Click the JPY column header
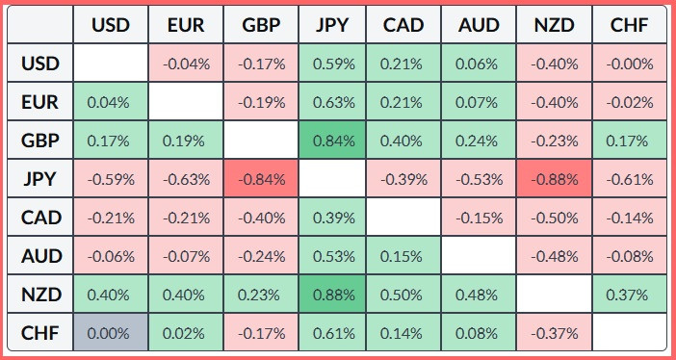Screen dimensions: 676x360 coord(332,24)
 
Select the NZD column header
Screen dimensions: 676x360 coord(554,24)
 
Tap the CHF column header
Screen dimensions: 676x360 coord(630,24)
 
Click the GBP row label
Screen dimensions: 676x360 coord(40,141)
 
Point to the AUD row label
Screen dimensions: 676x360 coord(40,256)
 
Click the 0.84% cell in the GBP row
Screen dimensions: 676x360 coord(332,141)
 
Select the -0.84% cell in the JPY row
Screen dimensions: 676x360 coord(261,179)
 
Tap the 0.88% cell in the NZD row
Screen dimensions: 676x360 coord(332,295)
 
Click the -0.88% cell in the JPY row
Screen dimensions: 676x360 coord(554,179)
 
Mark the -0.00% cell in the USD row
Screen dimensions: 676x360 coord(630,64)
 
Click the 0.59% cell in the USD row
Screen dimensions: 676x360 coord(332,64)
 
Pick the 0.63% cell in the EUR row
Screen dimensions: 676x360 coord(332,102)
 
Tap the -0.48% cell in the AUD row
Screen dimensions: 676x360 coord(554,256)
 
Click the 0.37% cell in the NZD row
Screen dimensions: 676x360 coord(630,295)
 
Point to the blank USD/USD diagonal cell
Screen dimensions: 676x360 coord(111,63)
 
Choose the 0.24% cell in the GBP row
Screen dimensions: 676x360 coord(479,141)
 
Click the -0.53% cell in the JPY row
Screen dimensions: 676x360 coord(479,179)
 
